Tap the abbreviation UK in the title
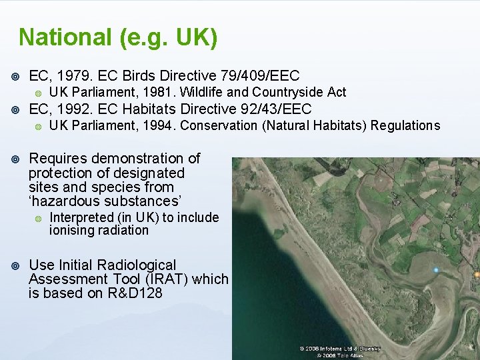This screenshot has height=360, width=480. pyautogui.click(x=196, y=37)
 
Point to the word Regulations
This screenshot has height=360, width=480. pyautogui.click(x=405, y=125)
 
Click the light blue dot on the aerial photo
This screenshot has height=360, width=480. pyautogui.click(x=436, y=270)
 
